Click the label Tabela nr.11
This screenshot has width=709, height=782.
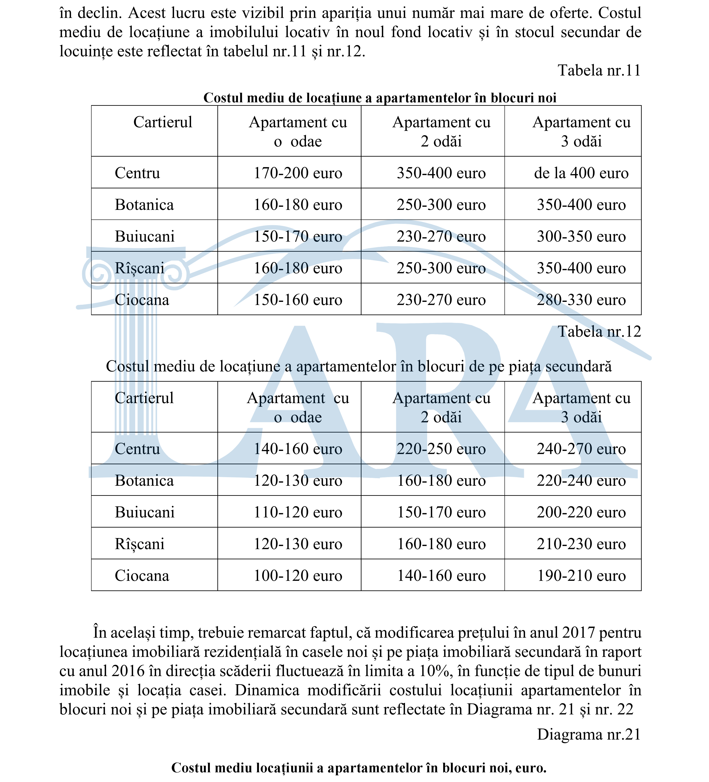599,71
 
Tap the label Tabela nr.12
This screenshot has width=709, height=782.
599,332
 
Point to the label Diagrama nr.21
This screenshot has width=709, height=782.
589,734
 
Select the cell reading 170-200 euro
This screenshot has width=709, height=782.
298,173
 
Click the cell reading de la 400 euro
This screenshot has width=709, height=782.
581,173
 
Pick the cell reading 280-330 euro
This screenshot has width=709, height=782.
581,300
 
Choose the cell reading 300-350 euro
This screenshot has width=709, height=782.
581,237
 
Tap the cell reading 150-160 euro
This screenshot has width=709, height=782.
298,300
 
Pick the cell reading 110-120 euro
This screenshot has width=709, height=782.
298,512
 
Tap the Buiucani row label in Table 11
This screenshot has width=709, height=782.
145,237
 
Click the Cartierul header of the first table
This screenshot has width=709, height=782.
163,122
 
